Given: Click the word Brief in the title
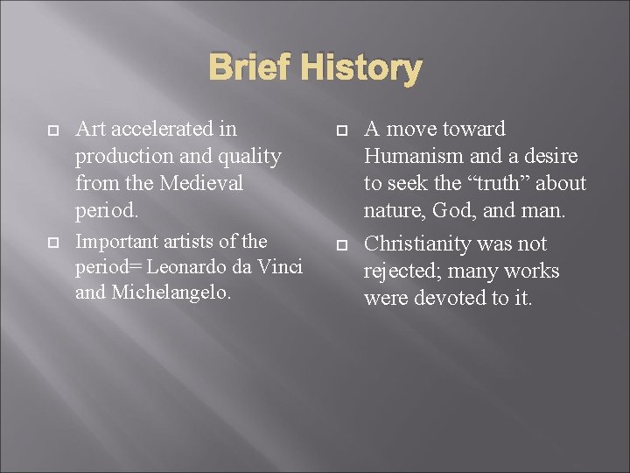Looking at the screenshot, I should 251,67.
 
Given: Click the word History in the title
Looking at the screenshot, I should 360,68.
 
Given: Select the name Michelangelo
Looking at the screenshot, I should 171,292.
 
